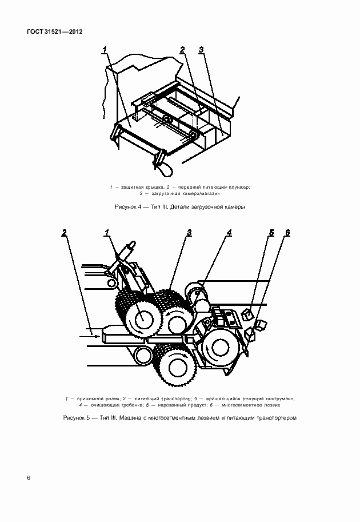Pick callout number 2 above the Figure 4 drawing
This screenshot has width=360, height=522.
coord(182,50)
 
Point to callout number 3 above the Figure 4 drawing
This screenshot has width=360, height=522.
coord(201,50)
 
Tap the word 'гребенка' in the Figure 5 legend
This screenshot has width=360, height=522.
coord(106,404)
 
